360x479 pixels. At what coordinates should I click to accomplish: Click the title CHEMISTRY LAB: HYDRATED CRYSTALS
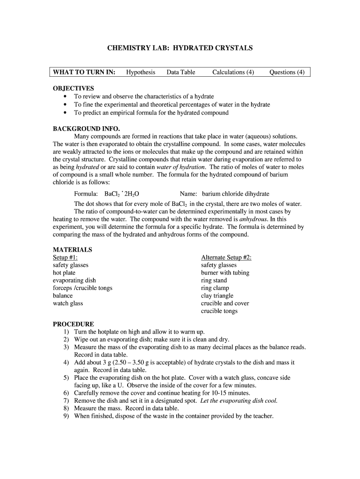click(x=180, y=48)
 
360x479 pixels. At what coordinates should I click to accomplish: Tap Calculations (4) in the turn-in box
click(x=233, y=72)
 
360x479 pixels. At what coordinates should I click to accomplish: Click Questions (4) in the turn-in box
click(x=287, y=72)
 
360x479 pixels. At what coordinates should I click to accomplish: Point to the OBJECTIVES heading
click(x=73, y=88)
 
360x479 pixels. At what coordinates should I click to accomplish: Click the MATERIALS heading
click(x=72, y=250)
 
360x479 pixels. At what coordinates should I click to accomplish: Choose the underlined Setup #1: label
click(x=65, y=258)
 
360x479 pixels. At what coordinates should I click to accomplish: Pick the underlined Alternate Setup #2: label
click(x=226, y=258)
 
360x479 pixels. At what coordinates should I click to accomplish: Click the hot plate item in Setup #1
click(x=64, y=273)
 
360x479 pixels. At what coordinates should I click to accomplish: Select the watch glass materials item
click(x=68, y=304)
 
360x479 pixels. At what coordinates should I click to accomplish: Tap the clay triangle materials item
click(x=217, y=296)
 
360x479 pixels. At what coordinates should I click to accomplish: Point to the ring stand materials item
click(x=214, y=281)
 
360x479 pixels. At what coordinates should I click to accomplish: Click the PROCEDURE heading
click(x=73, y=324)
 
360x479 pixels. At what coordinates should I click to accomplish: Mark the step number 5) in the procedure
click(x=66, y=377)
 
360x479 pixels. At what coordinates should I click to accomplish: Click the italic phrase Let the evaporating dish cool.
click(x=238, y=400)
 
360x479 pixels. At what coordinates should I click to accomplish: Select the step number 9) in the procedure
click(x=66, y=416)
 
